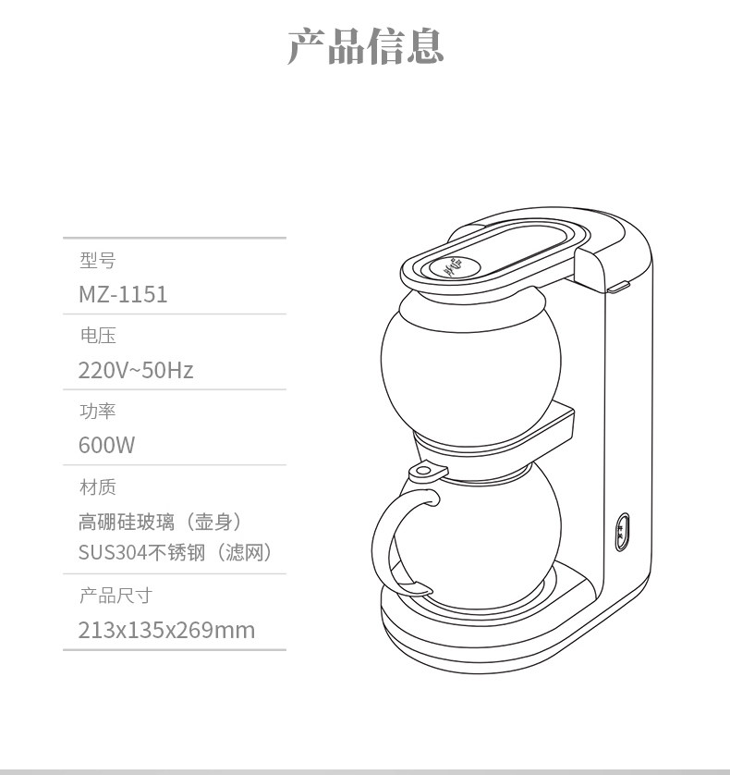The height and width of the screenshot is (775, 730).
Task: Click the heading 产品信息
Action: click(366, 46)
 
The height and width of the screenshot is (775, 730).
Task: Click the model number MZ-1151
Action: click(123, 294)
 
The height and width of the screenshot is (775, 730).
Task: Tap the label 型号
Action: click(98, 260)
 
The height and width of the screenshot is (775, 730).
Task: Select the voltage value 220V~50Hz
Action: click(136, 370)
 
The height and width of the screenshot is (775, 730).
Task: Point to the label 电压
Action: click(98, 336)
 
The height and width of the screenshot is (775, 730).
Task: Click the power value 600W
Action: click(106, 445)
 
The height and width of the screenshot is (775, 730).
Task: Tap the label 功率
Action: click(98, 412)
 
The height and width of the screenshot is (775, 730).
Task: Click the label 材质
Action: click(98, 486)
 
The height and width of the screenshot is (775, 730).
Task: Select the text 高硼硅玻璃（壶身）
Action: click(161, 522)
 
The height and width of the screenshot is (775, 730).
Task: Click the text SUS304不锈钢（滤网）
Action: click(176, 552)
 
